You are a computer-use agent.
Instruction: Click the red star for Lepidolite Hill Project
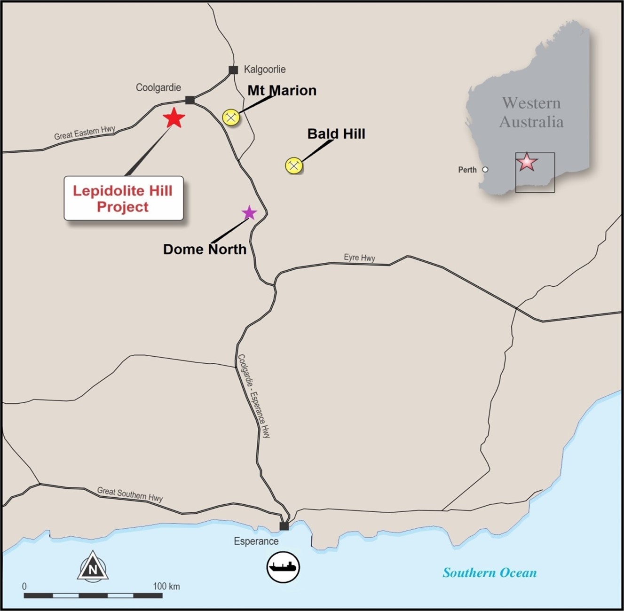[x=174, y=118]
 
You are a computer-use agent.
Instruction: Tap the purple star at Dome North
[x=249, y=213]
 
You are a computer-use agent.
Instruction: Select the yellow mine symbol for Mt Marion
[x=231, y=117]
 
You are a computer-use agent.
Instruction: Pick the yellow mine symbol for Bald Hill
[x=294, y=165]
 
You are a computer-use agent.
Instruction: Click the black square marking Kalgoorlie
[x=233, y=70]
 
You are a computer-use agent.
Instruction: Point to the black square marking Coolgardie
[x=190, y=100]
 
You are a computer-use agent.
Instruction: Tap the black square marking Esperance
[x=284, y=526]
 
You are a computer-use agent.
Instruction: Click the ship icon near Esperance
[x=283, y=567]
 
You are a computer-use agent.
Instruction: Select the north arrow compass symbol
[x=93, y=567]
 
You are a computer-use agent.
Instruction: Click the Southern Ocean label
[x=489, y=572]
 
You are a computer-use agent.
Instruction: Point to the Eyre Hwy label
[x=359, y=257]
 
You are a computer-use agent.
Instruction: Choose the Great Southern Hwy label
[x=130, y=494]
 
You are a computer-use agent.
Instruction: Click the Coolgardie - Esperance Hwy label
[x=254, y=396]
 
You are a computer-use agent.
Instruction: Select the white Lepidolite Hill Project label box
[x=123, y=198]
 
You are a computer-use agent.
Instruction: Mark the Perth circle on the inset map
[x=485, y=170]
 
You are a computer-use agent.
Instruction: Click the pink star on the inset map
[x=527, y=162]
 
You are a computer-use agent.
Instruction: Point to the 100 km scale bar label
[x=166, y=586]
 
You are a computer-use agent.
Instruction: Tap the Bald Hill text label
[x=336, y=134]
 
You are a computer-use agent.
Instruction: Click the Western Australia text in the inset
[x=531, y=112]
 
